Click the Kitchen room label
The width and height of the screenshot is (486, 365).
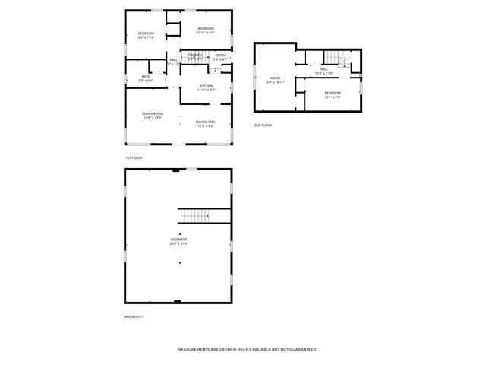tap(206, 87)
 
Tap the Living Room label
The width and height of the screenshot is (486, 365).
tap(153, 114)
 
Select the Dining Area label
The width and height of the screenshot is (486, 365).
tap(205, 122)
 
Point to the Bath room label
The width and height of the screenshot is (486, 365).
tap(145, 77)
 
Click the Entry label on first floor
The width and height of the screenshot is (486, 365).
tap(220, 55)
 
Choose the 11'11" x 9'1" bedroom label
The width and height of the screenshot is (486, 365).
tap(206, 28)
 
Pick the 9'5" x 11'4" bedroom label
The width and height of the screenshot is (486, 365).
tap(146, 33)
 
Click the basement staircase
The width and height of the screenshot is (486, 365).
tap(204, 215)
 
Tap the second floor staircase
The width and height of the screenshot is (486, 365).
tap(335, 58)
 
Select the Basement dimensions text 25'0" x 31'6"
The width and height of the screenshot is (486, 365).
tap(178, 244)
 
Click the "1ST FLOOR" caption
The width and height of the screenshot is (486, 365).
tap(134, 157)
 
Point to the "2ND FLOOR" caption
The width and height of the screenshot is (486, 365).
tap(263, 125)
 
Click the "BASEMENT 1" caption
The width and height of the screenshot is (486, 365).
tap(133, 316)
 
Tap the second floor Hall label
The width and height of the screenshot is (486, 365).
tap(323, 70)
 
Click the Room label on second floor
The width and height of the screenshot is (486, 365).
tap(276, 78)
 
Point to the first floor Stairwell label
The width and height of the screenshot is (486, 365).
tap(195, 55)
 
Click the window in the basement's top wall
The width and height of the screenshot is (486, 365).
tap(192, 168)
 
